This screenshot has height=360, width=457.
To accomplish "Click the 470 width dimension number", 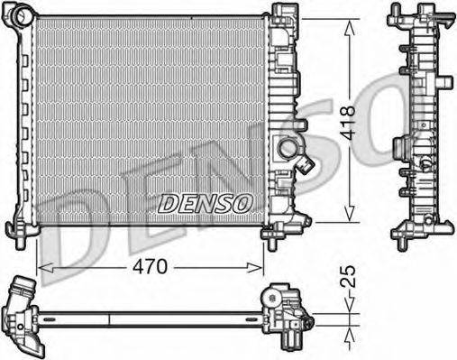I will [150, 267].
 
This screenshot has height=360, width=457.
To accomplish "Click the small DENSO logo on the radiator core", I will [206, 205].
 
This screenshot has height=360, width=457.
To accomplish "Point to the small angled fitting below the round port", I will [306, 164].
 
